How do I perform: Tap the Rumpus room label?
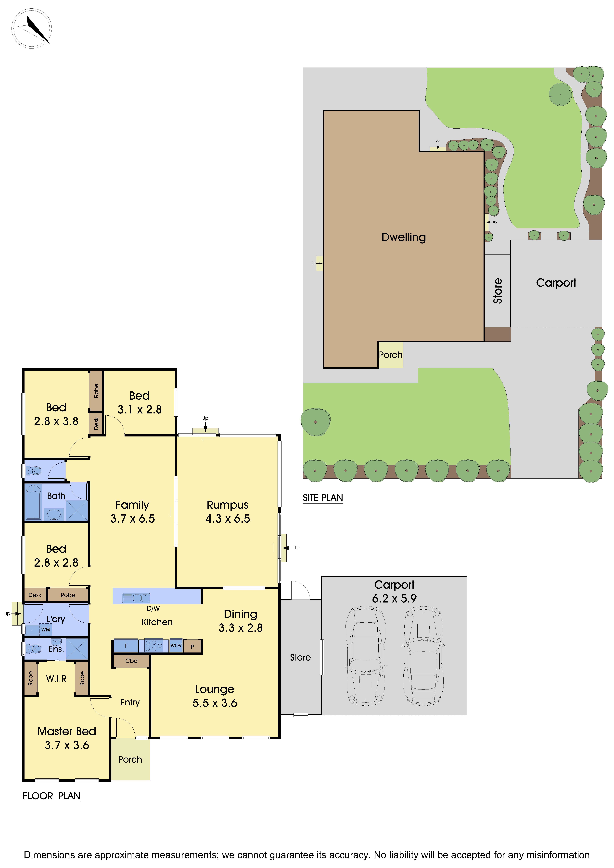click(227, 505)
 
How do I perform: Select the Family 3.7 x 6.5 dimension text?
click(132, 519)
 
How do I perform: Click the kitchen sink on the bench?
click(136, 598)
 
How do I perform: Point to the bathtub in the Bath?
click(33, 502)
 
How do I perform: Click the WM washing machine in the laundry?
click(46, 629)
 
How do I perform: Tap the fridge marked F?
click(126, 646)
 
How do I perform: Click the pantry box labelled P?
click(192, 646)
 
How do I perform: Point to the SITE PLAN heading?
click(323, 498)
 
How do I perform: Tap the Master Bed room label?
click(67, 731)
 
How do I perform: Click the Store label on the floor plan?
click(300, 657)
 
